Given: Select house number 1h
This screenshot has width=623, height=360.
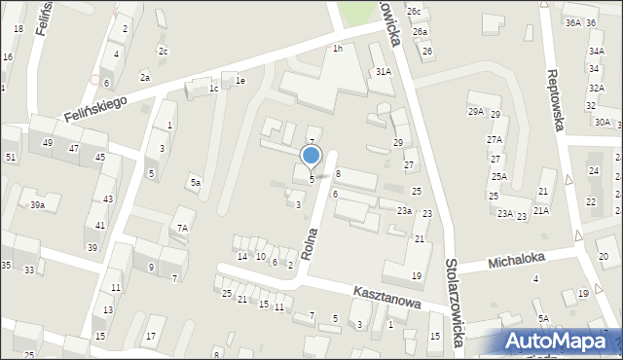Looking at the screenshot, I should coord(338,49).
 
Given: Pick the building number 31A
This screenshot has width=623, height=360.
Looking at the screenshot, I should coord(384,72).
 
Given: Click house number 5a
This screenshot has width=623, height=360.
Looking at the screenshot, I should coord(196,182).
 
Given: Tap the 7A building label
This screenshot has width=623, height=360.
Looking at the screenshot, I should coord(182,228).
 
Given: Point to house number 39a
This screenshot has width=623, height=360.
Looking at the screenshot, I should coord(37,204).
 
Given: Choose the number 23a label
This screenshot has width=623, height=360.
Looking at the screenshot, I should coord(404,210).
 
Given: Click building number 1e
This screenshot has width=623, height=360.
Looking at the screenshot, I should coord(239,82).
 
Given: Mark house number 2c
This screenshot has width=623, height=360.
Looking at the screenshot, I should coord(164,52).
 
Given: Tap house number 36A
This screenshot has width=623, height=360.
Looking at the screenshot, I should coord(573,22).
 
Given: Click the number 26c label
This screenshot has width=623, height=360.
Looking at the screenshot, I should coord(415,12).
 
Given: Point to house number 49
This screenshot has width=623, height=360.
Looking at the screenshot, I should coord(47,143).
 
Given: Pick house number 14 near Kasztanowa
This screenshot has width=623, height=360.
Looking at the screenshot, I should coord(241,256).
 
